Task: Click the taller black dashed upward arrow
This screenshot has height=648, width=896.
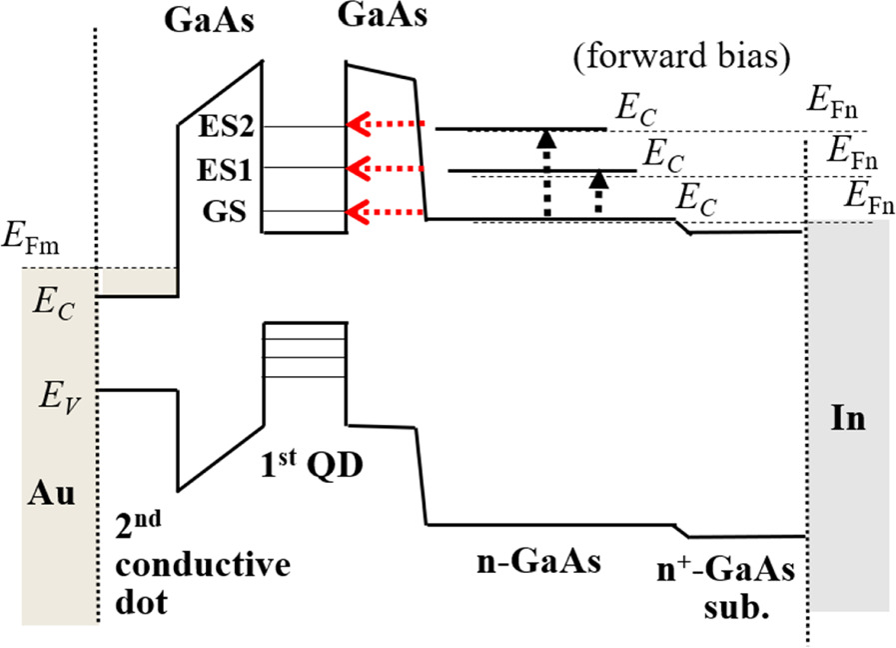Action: pyautogui.click(x=545, y=173)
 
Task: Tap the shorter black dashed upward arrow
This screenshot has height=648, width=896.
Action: pyautogui.click(x=598, y=192)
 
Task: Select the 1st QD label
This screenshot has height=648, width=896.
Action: pyautogui.click(x=310, y=466)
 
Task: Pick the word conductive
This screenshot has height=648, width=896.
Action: pyautogui.click(x=204, y=565)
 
